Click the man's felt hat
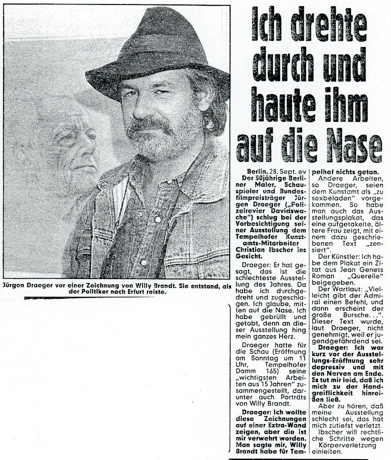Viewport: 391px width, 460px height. (155, 49)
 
